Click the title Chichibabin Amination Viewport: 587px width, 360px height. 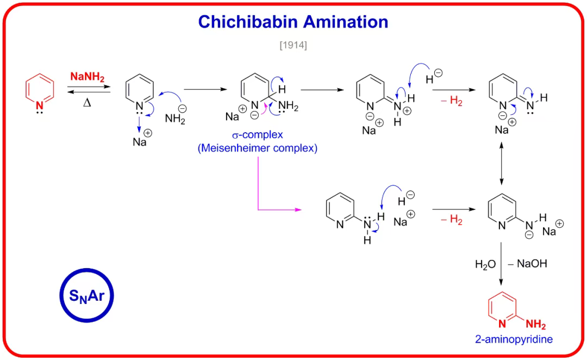click(x=293, y=22)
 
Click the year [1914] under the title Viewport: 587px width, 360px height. click(x=293, y=46)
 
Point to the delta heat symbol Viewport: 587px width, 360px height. click(x=87, y=102)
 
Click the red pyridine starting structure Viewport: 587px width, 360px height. click(x=40, y=90)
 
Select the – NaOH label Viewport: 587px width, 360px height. click(x=527, y=265)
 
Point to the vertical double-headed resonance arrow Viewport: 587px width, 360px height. click(x=501, y=164)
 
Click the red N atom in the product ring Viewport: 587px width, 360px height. click(x=502, y=325)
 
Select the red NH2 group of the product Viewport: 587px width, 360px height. click(x=535, y=325)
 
